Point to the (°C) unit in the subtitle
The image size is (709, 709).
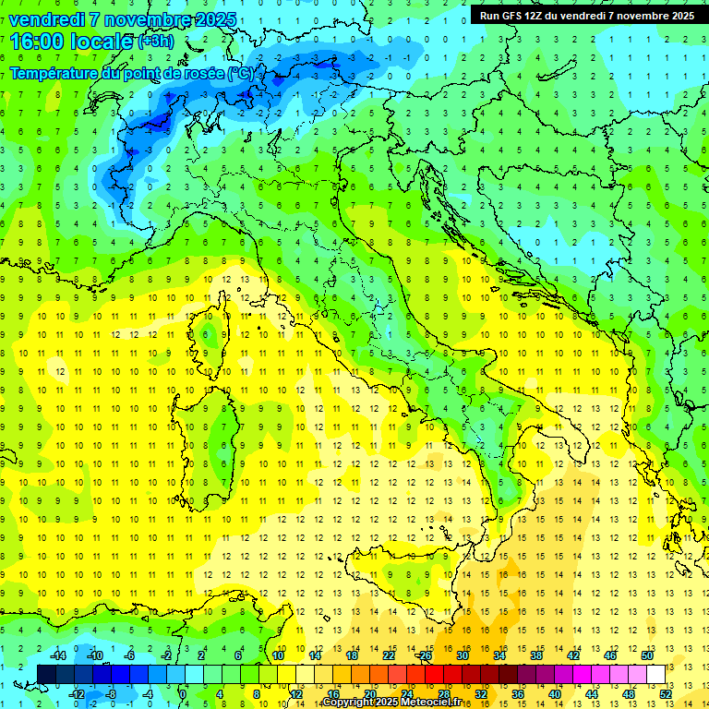(240, 72)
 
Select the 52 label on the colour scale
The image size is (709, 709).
(666, 693)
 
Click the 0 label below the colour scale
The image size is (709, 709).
(184, 693)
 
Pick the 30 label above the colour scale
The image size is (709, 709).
(463, 655)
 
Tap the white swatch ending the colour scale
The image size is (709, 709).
(655, 674)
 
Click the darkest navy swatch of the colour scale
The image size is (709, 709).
(46, 674)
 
